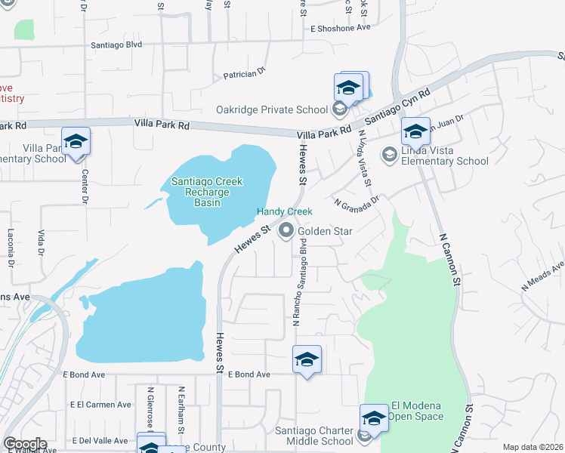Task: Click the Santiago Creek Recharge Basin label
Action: click(206, 192)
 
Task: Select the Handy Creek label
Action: click(285, 212)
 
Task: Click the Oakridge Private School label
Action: click(271, 110)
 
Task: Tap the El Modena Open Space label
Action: click(415, 411)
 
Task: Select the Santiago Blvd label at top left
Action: click(116, 45)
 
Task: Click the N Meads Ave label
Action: click(542, 277)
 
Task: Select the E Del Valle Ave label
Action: click(100, 441)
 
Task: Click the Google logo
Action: click(25, 444)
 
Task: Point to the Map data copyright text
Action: click(533, 447)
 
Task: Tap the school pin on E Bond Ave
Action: click(307, 359)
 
